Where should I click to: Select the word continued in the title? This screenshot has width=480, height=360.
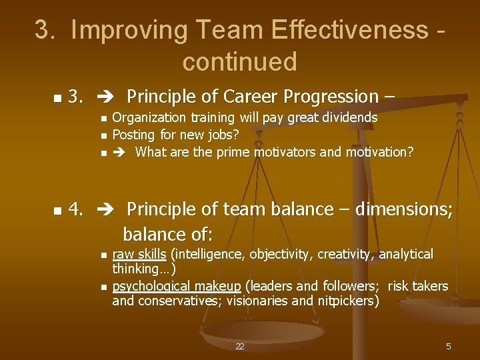coord(239,61)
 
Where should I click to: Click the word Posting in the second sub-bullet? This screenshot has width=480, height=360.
coord(134,135)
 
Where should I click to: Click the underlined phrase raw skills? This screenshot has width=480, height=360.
coord(140,254)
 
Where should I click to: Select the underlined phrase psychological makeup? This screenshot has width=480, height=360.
coord(177,286)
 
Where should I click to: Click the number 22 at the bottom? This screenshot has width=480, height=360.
coord(240,346)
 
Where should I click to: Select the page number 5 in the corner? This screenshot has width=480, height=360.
coord(449,346)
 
